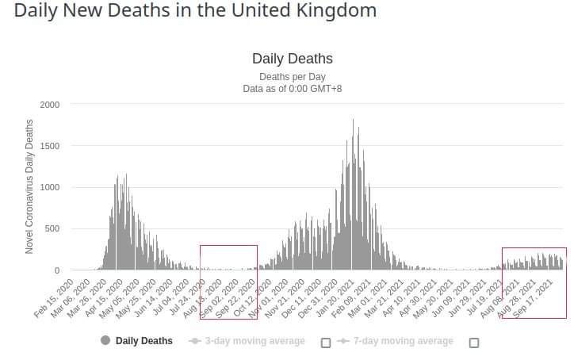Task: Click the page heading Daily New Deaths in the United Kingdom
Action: (x=195, y=12)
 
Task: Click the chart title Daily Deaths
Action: (x=292, y=59)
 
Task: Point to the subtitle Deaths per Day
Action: (x=292, y=77)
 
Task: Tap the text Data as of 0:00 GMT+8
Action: (x=292, y=89)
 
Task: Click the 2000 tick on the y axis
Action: (x=50, y=105)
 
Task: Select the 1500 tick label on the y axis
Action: (x=50, y=146)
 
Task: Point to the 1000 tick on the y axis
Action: (x=50, y=188)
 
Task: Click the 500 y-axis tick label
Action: (x=53, y=229)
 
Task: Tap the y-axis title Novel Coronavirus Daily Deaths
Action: (x=29, y=186)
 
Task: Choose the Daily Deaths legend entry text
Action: (x=143, y=341)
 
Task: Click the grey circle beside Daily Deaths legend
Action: (x=105, y=341)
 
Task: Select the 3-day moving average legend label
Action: (x=254, y=341)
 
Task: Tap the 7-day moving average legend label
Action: (x=404, y=341)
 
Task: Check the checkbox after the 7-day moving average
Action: (x=474, y=343)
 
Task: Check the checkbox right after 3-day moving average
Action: (x=325, y=343)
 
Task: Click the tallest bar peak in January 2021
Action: (x=353, y=121)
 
